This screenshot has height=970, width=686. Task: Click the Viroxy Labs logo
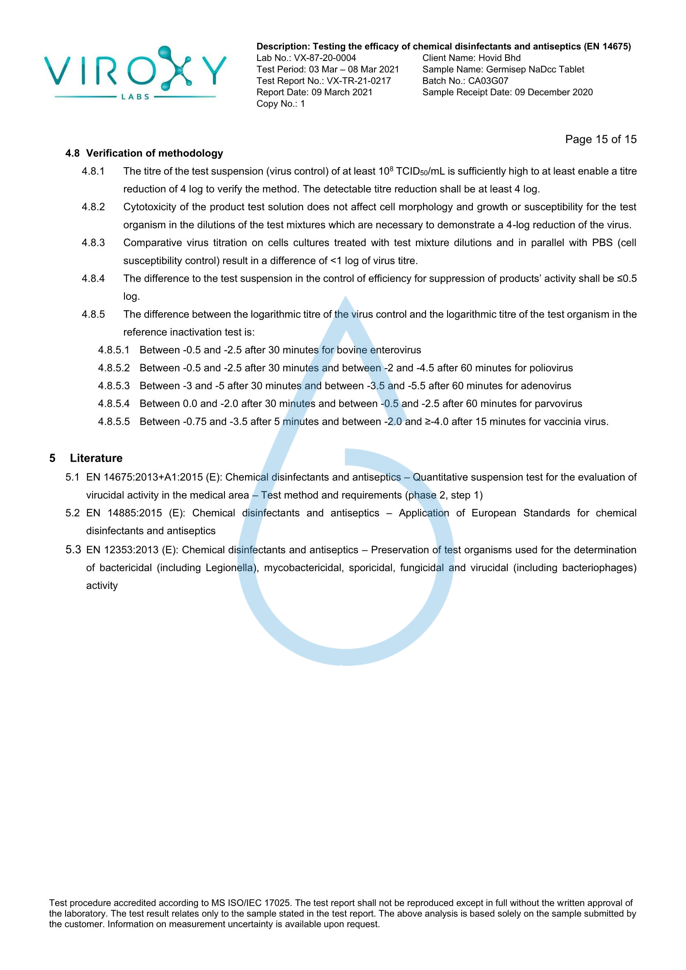[x=135, y=73]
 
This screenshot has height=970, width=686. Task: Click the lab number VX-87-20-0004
[x=325, y=58]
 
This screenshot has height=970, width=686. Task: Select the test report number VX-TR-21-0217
[x=359, y=81]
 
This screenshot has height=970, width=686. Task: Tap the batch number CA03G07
[x=488, y=81]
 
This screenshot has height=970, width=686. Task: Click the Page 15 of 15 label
[x=600, y=139]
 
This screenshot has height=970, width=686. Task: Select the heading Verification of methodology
[x=155, y=153]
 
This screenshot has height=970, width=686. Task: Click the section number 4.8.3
[x=93, y=243]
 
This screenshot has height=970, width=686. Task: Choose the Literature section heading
[x=96, y=458]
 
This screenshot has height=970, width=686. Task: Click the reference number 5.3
[x=73, y=549]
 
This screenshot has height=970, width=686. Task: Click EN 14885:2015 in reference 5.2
[x=134, y=513]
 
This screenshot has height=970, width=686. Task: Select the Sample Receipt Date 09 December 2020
[x=553, y=92]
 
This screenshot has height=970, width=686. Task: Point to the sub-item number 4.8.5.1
[x=114, y=350]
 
